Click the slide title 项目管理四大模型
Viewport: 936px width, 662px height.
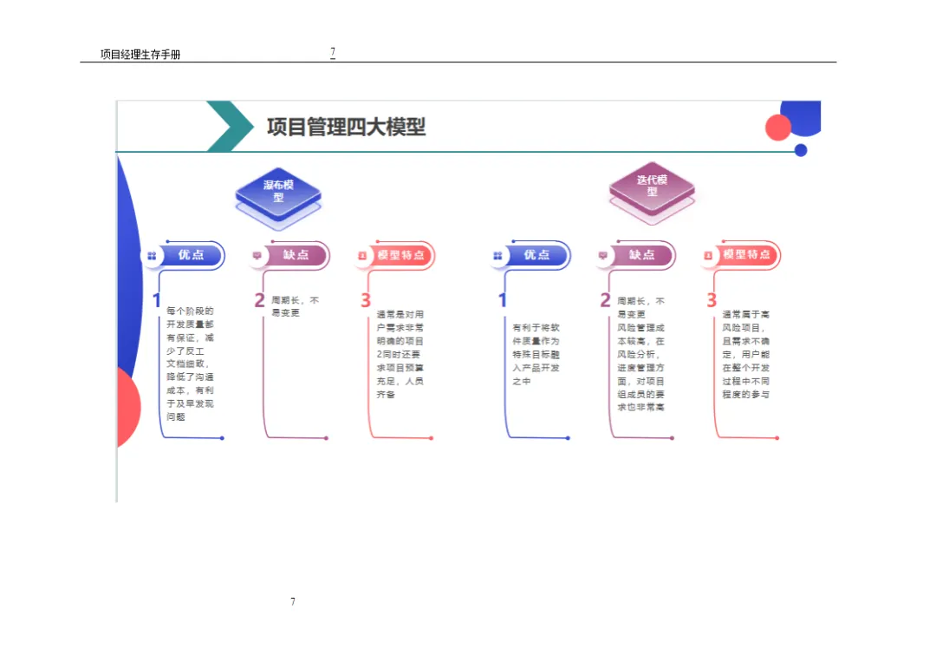(x=346, y=127)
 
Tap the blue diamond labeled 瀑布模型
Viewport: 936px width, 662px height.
(x=278, y=191)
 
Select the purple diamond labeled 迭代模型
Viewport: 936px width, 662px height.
(x=652, y=186)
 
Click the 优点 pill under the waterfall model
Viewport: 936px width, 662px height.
(x=191, y=255)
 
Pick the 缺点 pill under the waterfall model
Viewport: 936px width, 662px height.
(x=296, y=255)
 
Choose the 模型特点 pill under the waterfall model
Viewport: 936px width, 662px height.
(x=400, y=255)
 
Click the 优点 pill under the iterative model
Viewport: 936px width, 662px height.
(x=536, y=255)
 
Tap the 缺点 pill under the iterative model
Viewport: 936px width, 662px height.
(x=641, y=255)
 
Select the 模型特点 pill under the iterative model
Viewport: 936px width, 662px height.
(x=746, y=255)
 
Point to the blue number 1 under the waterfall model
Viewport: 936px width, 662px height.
(x=157, y=301)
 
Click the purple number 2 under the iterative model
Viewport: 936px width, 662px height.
(x=605, y=301)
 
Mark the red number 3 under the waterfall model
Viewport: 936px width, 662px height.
(x=366, y=301)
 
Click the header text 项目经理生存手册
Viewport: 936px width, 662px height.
(x=140, y=55)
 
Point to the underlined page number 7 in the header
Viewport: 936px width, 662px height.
(x=333, y=52)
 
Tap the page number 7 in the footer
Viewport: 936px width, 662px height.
(x=293, y=601)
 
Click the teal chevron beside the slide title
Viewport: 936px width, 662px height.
(x=228, y=127)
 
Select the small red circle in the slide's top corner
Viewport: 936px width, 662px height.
(x=778, y=128)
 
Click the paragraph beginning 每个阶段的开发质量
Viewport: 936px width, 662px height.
(x=190, y=364)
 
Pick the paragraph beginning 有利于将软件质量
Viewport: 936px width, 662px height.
(x=536, y=354)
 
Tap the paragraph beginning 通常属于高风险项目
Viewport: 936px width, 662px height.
(x=745, y=354)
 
